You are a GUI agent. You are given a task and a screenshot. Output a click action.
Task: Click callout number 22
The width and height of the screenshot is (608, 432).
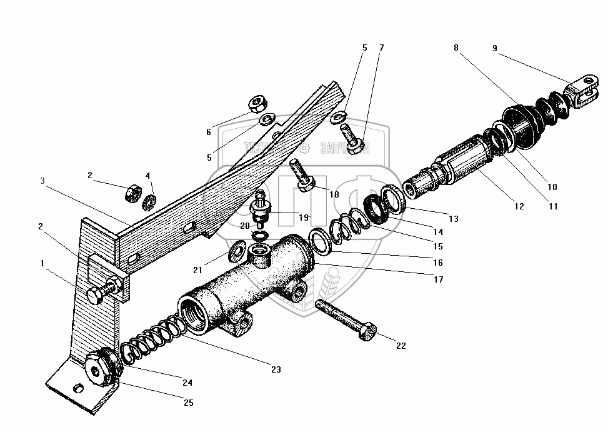401,345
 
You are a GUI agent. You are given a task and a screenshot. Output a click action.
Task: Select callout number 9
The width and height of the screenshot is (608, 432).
495,48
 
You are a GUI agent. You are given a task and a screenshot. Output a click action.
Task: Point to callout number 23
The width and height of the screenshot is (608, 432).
276,369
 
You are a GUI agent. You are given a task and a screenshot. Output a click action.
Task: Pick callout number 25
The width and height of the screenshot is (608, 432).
188,403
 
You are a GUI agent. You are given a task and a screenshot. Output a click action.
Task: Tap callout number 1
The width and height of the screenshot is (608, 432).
42,263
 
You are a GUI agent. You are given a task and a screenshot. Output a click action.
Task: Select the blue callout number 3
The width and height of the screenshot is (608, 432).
42,181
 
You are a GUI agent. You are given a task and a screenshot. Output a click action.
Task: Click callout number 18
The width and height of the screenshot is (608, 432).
334,194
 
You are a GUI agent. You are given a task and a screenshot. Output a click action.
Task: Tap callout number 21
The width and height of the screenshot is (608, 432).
197,269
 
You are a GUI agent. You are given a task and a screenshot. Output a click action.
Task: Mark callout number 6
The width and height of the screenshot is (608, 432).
208,132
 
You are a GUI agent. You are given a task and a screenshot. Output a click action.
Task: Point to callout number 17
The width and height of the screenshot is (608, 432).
438,279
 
